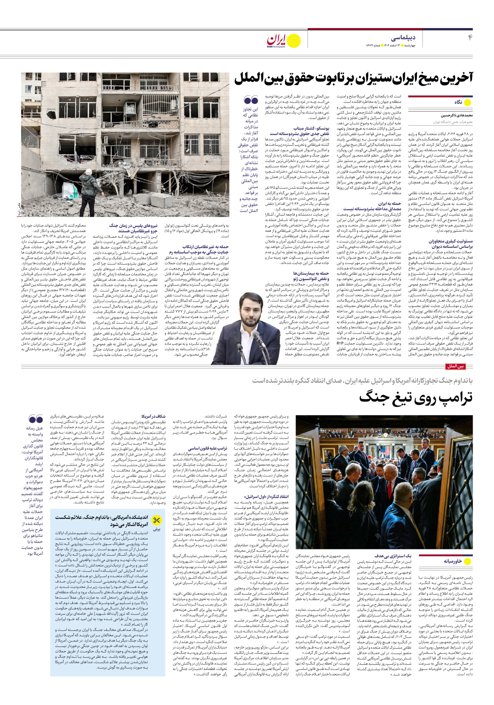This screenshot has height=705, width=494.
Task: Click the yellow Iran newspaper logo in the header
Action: click(x=283, y=41)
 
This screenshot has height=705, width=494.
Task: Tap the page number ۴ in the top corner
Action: click(x=470, y=38)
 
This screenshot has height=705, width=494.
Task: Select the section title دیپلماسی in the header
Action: click(x=403, y=38)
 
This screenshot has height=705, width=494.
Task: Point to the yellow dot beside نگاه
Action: click(x=468, y=102)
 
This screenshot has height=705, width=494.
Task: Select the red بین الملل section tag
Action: click(x=455, y=367)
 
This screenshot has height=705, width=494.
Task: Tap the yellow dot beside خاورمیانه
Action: click(x=468, y=561)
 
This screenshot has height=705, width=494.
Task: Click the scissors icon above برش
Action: click(x=157, y=520)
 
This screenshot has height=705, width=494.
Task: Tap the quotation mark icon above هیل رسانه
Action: click(x=36, y=419)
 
